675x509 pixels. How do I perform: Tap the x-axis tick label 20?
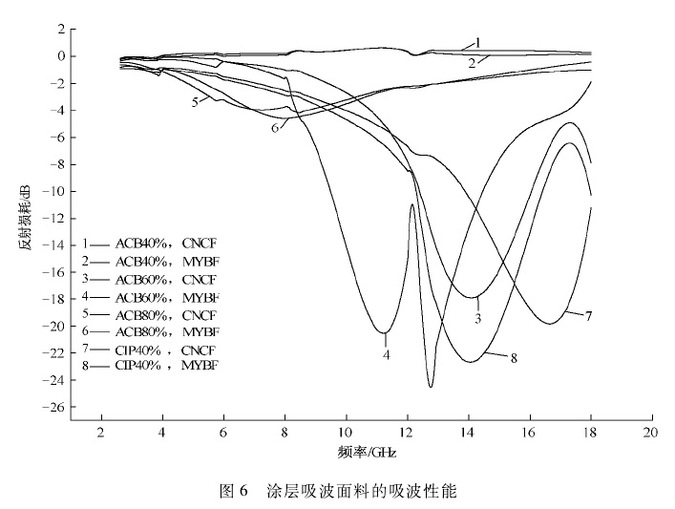(650, 433)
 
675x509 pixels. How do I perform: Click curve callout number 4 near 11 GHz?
(386, 354)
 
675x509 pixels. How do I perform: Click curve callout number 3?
(477, 317)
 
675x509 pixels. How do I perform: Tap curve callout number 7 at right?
(590, 314)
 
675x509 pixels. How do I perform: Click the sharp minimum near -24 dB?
(431, 386)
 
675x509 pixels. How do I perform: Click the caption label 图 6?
(234, 492)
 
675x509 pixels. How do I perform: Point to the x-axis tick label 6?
(223, 433)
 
